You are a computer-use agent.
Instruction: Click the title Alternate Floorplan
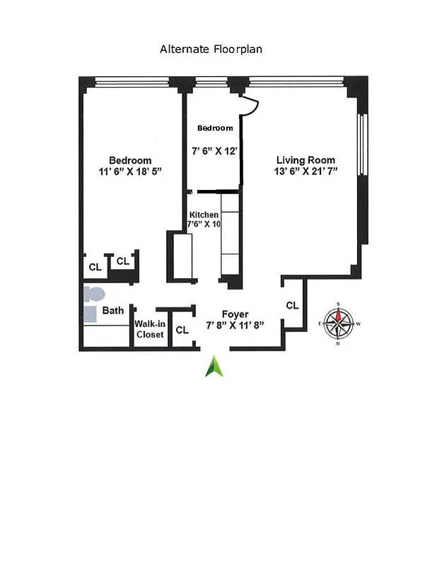pos(211,49)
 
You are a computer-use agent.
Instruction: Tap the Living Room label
pos(305,160)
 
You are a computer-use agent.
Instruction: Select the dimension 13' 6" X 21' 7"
pos(305,172)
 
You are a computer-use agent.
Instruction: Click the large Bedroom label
pos(129,160)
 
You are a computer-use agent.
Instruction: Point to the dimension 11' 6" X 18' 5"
pos(131,172)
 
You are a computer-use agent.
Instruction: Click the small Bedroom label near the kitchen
pos(214,128)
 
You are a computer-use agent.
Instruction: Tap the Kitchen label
pos(203,215)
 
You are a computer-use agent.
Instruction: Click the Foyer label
pos(235,314)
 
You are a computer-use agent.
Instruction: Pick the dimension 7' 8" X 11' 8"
pos(235,326)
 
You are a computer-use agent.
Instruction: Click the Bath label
pos(113,310)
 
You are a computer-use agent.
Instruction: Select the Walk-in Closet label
pos(149,329)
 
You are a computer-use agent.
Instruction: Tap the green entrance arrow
pos(214,366)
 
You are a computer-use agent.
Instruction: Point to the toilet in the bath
pos(93,292)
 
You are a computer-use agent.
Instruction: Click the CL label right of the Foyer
pos(292,306)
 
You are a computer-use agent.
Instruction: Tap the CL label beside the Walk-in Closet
pos(182,329)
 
